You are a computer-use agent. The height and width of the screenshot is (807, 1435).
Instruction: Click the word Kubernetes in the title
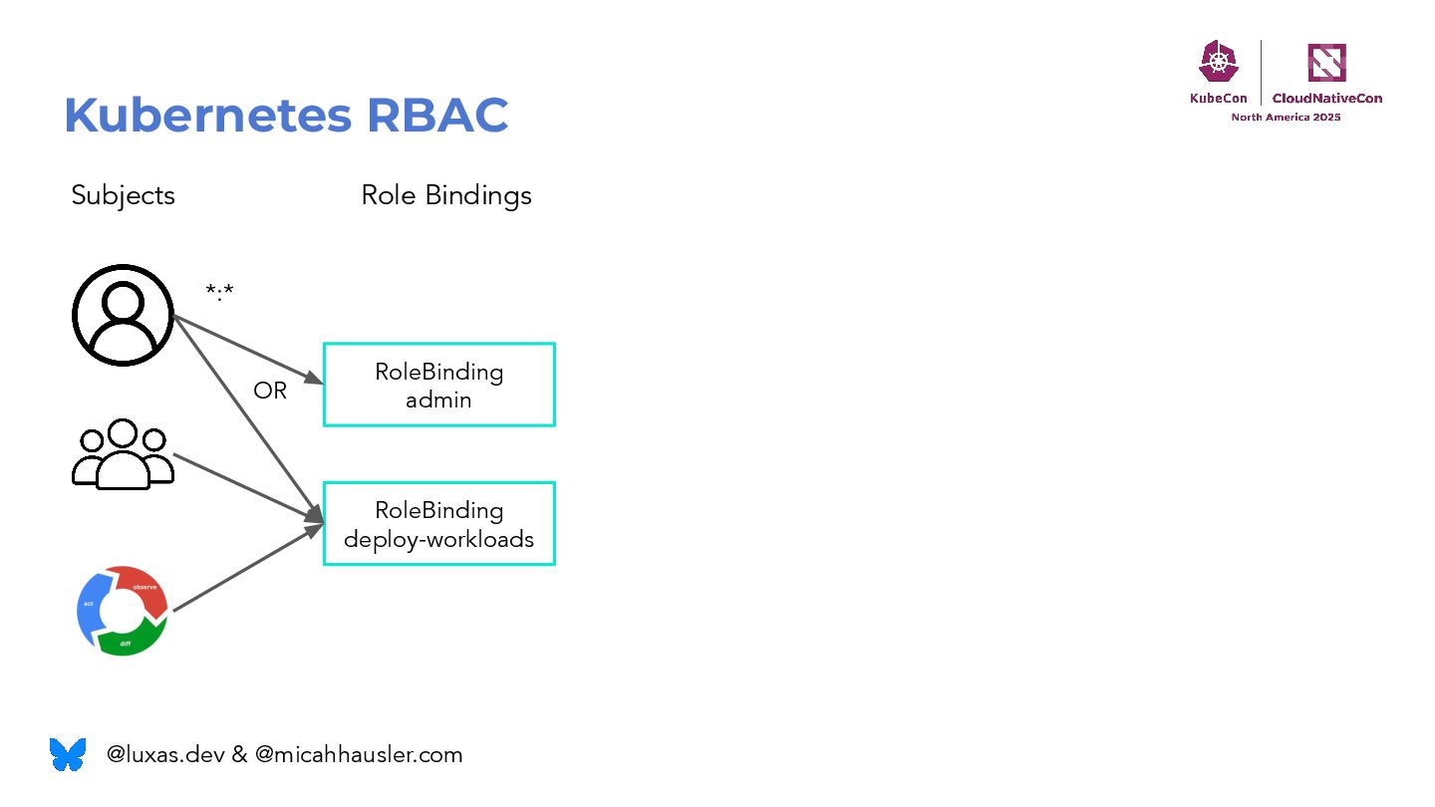click(x=207, y=117)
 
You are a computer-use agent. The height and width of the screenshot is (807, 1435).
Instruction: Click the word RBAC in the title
click(x=437, y=117)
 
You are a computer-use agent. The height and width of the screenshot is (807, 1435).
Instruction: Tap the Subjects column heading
click(x=123, y=195)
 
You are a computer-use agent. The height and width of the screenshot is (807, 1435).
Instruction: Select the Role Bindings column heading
click(x=445, y=195)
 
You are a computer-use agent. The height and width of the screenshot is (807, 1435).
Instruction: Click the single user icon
click(x=123, y=315)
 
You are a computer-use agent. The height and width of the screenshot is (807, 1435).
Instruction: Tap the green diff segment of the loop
click(x=130, y=641)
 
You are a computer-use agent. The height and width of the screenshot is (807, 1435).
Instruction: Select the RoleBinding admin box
click(x=438, y=386)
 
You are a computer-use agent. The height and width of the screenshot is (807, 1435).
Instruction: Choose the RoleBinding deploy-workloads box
click(x=438, y=524)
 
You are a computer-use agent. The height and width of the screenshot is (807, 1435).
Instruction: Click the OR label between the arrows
click(x=269, y=392)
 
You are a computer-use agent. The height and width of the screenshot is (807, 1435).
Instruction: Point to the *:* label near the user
click(x=219, y=292)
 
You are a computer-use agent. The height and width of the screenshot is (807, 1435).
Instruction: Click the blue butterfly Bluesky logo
click(x=68, y=754)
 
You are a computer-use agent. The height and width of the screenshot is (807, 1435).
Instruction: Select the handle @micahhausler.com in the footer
click(x=359, y=755)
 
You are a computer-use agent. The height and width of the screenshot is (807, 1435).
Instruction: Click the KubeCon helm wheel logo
click(x=1218, y=63)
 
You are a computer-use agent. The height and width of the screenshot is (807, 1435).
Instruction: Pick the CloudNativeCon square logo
click(x=1326, y=63)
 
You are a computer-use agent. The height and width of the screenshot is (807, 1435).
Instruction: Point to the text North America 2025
click(x=1286, y=118)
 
